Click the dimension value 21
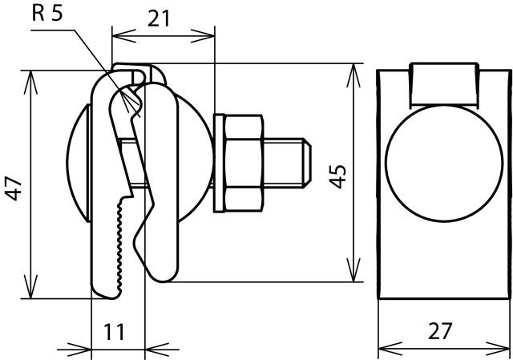coord(159,18)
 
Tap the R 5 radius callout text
coord(47,14)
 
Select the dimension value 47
coord(14,188)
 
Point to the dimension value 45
coord(337,176)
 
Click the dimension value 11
coord(114,332)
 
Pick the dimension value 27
coord(440,331)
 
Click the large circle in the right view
coord(443,164)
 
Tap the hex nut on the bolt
coord(244,163)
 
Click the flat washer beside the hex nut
coord(220,163)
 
